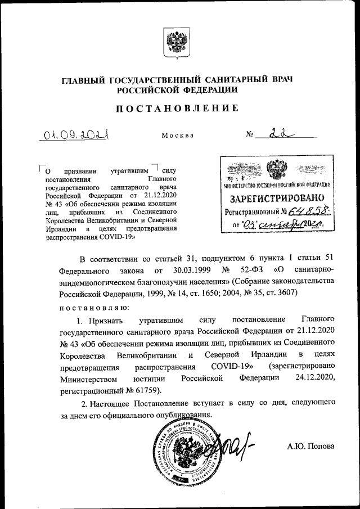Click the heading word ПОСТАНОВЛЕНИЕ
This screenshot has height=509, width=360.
pos(177,108)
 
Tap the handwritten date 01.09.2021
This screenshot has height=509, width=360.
pos(77,135)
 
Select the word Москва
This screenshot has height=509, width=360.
pos(178,136)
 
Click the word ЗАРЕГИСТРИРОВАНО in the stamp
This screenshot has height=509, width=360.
pos(273,199)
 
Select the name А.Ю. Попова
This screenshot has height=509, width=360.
pos(310,446)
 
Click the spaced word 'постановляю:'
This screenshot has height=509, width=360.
pos(94,307)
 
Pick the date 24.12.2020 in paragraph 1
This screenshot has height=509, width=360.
pos(316,379)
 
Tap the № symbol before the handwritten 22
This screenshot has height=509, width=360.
pos(250,136)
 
